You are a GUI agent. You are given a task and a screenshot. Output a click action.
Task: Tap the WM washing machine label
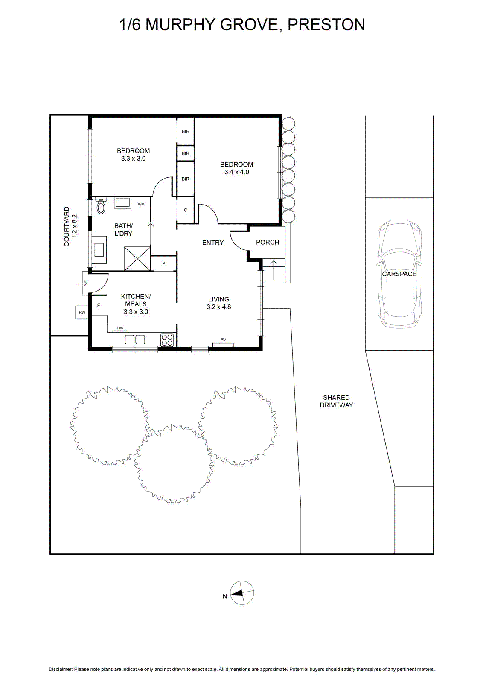coord(141,204)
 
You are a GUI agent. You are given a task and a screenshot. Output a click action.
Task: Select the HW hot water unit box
coord(82,312)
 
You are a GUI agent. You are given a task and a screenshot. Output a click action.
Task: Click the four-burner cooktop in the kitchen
coord(167,340)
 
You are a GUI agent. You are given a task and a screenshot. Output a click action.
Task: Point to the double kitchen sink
coord(135,339)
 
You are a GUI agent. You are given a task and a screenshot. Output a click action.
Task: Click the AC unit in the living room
coord(223,345)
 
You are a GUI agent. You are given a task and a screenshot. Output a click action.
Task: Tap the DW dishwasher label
coord(120,328)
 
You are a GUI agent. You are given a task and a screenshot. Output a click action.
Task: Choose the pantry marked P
coord(164,263)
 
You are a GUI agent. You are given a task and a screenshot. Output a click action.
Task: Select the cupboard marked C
coord(186,210)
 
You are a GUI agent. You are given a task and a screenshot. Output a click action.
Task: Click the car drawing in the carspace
coord(399,274)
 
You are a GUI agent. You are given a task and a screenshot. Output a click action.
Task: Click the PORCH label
coord(267,242)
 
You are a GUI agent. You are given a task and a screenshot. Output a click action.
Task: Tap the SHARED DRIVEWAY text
coord(336,401)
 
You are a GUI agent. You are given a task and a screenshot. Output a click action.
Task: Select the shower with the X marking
coord(137,259)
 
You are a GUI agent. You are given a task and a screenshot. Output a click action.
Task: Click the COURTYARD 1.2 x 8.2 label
coord(70,226)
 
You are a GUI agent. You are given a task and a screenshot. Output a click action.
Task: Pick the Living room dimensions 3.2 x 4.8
coord(219,307)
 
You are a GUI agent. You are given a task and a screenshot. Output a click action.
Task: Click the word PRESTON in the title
coord(326,25)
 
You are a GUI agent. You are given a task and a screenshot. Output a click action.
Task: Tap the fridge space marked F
coord(99,305)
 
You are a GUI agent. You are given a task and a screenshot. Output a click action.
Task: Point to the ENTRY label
coord(213,243)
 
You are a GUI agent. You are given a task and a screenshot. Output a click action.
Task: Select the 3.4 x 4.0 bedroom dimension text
coord(237,172)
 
